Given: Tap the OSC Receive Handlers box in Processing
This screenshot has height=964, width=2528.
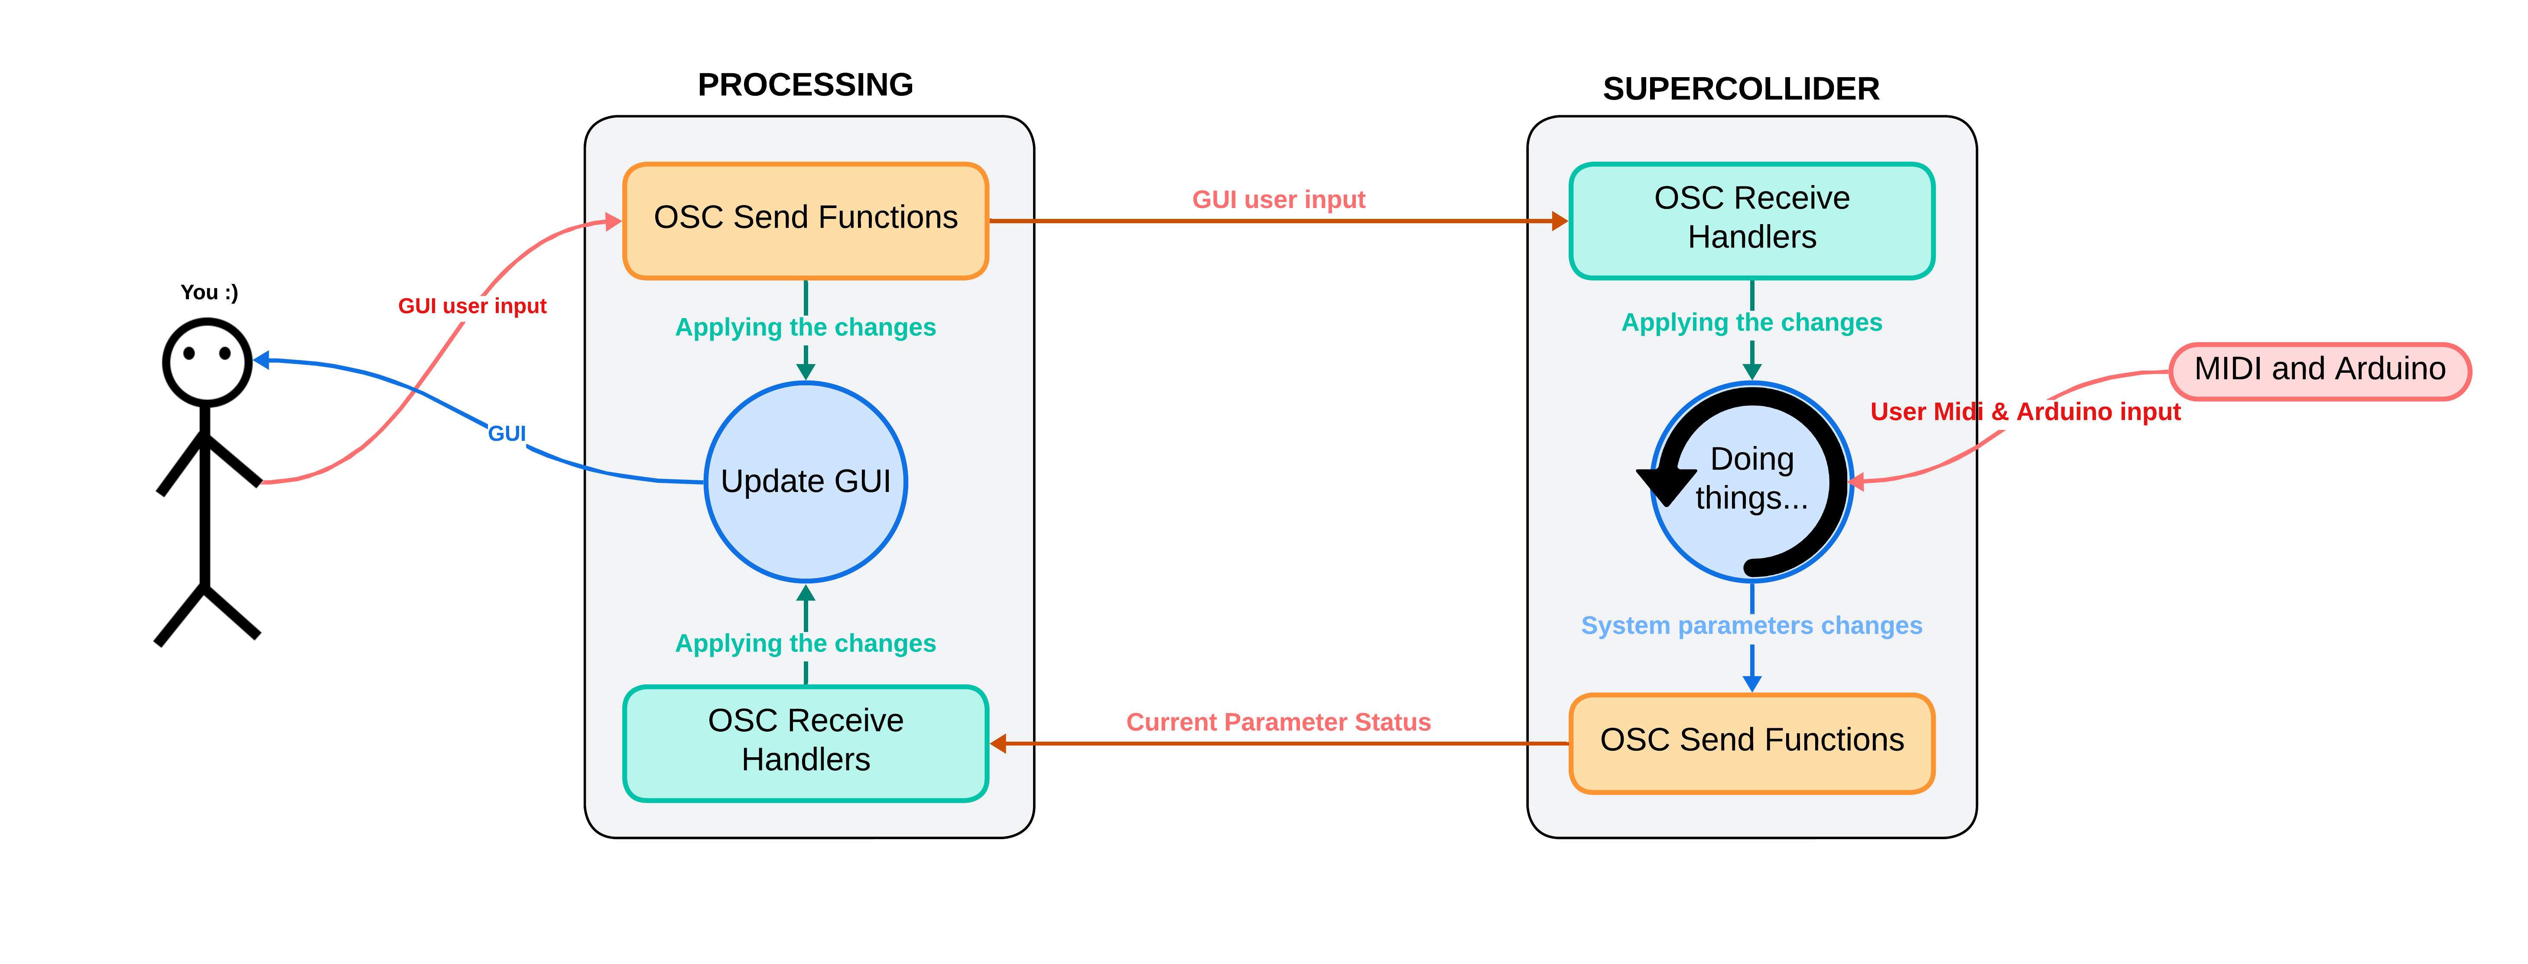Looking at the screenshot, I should pos(805,742).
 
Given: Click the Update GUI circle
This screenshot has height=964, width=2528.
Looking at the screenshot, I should pos(805,481).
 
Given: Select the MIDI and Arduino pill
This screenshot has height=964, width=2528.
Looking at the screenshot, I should pos(2319,370).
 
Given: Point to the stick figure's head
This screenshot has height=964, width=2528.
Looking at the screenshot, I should pos(207,361).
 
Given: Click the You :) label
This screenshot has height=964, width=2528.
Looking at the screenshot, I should pos(209,293).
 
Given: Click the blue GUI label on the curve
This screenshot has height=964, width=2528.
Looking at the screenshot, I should pos(507,433).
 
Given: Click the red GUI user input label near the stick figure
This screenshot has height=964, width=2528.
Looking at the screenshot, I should pos(472,306).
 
